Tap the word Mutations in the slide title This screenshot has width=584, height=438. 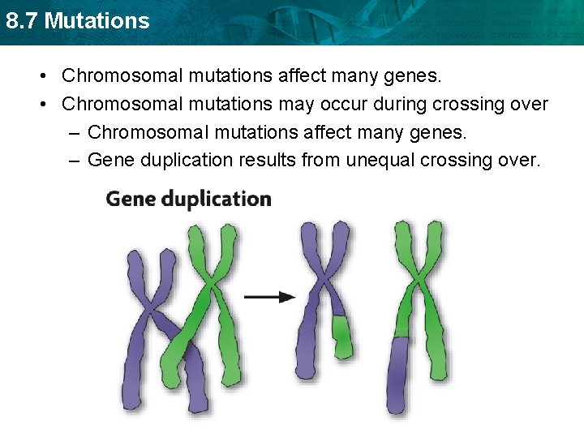(97, 20)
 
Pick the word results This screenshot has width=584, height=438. (268, 160)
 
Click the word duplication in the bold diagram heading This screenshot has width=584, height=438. (217, 200)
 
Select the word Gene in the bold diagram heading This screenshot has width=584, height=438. (131, 200)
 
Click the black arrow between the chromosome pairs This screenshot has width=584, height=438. (270, 298)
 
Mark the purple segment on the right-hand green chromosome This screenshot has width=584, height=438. (398, 373)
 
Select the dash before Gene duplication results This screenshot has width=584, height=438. (74, 160)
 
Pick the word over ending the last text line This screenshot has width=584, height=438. (519, 160)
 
